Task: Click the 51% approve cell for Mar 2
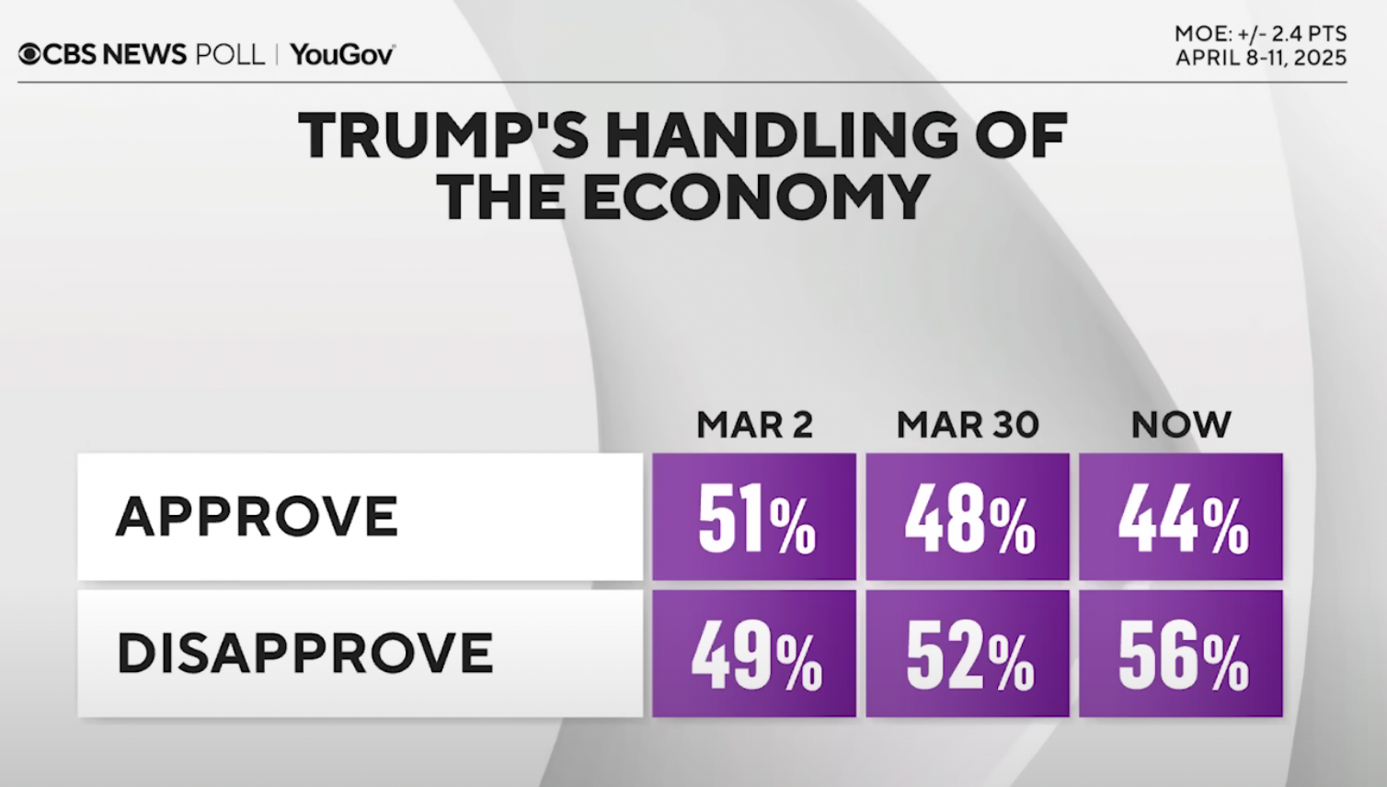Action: [x=754, y=518]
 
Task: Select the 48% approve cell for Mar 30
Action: [x=968, y=518]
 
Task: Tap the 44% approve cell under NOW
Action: [x=1181, y=518]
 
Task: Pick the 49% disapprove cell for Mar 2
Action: [x=754, y=655]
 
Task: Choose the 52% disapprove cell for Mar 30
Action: [x=968, y=655]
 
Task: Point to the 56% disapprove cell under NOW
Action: [x=1181, y=655]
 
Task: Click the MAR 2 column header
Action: [x=754, y=425]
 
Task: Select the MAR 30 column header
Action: [x=968, y=425]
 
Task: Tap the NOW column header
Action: [x=1181, y=425]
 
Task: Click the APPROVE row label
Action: [x=257, y=517]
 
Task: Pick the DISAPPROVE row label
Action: [x=304, y=654]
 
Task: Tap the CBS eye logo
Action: [x=29, y=55]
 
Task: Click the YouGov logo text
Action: [x=342, y=55]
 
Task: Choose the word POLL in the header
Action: [x=230, y=55]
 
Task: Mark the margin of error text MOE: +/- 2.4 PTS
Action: [x=1260, y=34]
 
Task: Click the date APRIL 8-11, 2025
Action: [x=1260, y=58]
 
